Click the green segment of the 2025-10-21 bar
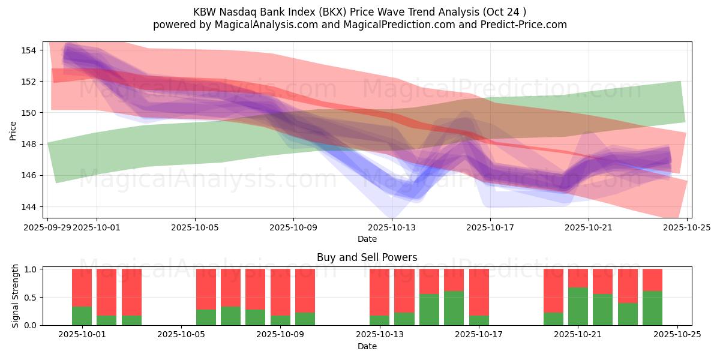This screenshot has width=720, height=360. (578, 306)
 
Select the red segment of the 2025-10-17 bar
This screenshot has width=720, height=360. (479, 292)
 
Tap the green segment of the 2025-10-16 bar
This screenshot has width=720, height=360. (454, 308)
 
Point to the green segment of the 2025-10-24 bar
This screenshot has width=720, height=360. (652, 308)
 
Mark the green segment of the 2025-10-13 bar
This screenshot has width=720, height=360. (379, 320)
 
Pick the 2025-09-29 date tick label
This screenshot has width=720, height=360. (47, 227)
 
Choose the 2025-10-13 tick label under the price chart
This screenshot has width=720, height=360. (392, 227)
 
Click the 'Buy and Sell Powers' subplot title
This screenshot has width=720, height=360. (367, 258)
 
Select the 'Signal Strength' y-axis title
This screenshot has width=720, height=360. (16, 296)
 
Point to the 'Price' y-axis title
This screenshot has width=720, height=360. (13, 130)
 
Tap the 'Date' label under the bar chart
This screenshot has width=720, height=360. (367, 346)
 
